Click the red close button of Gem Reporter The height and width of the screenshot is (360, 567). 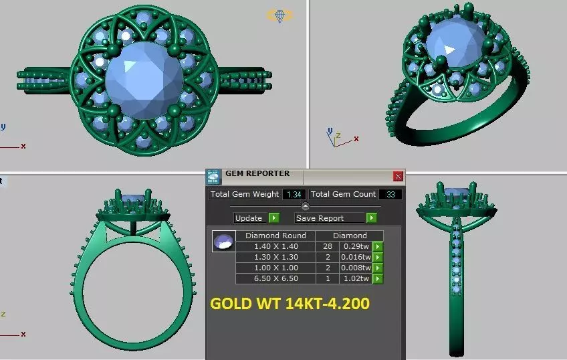click(x=399, y=177)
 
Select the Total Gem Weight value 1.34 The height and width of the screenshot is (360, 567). click(x=294, y=195)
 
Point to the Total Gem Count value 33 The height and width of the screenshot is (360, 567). click(x=390, y=195)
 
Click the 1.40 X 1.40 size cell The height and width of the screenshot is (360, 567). click(x=276, y=246)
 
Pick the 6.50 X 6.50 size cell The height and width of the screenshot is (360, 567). click(x=276, y=278)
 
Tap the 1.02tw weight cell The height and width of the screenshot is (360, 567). click(x=355, y=278)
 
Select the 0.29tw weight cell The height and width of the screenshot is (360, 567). click(x=355, y=246)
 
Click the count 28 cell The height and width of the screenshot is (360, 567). click(x=328, y=246)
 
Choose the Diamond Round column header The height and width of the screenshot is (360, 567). click(x=276, y=236)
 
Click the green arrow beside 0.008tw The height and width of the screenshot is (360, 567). click(x=378, y=268)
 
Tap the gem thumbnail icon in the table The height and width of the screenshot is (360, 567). click(x=223, y=242)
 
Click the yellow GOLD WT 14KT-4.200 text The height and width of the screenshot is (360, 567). click(x=290, y=304)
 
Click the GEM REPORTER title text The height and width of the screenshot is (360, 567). click(x=257, y=174)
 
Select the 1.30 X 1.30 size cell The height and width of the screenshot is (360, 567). click(x=276, y=257)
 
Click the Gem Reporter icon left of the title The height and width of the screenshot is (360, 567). click(x=213, y=177)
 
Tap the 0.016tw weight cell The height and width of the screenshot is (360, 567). click(x=355, y=257)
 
